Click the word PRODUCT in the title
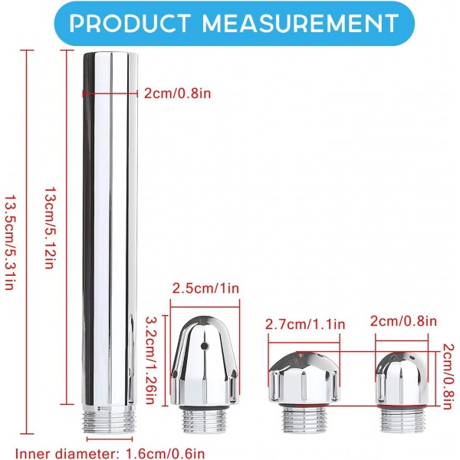coord(129,23)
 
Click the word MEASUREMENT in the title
coord(301,23)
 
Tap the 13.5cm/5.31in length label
coord(10,242)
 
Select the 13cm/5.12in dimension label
coord(49,228)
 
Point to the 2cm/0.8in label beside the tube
coord(177,94)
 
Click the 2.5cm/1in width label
coord(205,288)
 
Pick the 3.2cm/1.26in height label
coord(153,360)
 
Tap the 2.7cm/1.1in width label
coord(305,324)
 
